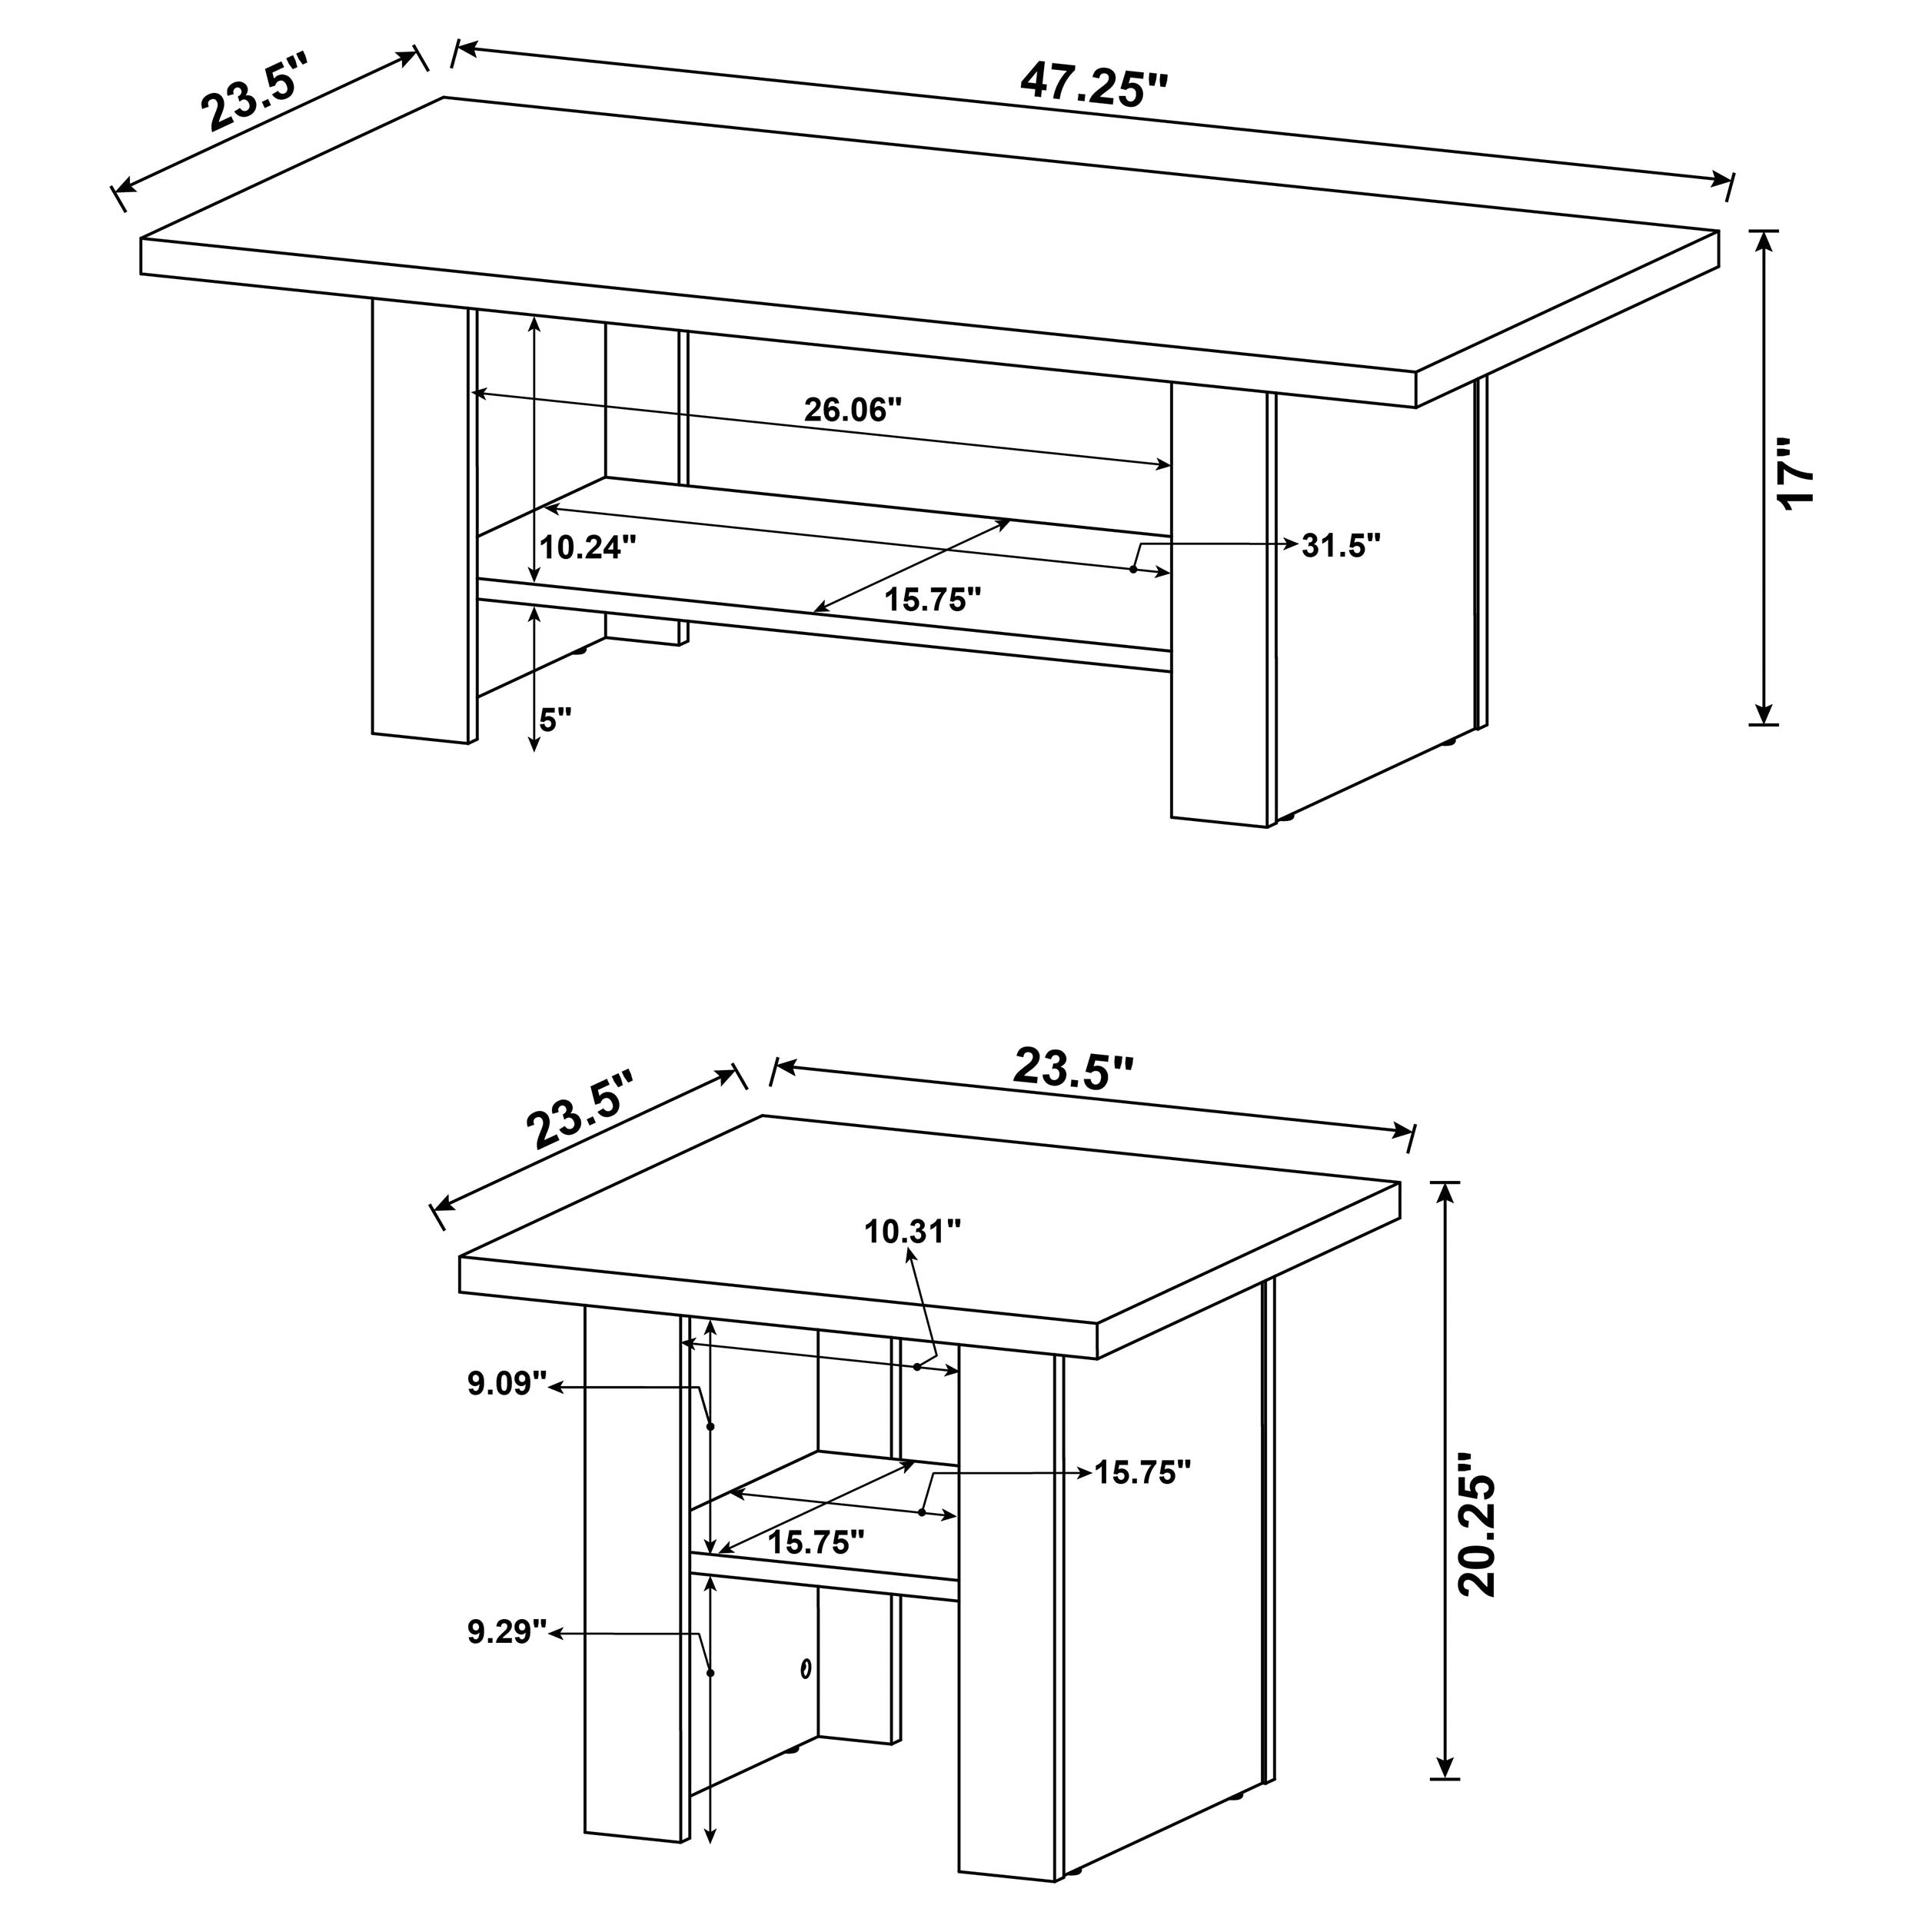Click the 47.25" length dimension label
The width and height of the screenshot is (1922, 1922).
[1092, 85]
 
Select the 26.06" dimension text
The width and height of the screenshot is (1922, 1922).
[852, 410]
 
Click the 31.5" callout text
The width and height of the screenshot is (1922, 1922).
[1341, 545]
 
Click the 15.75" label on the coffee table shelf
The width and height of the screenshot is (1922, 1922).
[932, 599]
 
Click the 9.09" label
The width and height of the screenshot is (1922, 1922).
[507, 1384]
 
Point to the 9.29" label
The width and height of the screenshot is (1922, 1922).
[507, 1632]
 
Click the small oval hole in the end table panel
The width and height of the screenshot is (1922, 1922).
[805, 1668]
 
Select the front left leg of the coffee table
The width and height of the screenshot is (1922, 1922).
[419, 522]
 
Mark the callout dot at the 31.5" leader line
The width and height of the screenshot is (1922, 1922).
[1133, 569]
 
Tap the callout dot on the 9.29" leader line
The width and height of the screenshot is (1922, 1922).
[710, 1674]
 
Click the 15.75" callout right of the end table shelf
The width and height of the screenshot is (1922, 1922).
[1142, 1472]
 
